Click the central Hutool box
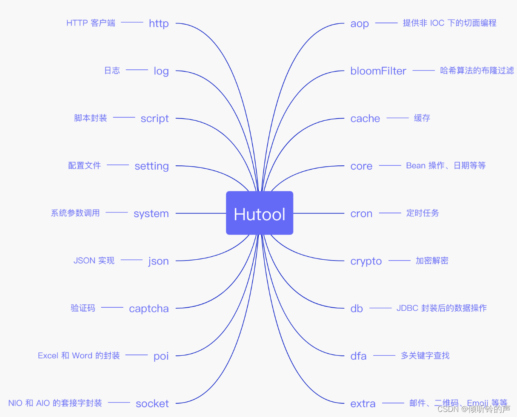259,213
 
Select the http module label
159,23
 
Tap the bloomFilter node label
378,71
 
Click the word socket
152,403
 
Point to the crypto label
366,261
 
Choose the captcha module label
149,309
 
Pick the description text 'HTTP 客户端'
91,23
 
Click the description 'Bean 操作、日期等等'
446,166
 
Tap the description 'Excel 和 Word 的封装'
79,355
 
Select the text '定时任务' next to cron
423,213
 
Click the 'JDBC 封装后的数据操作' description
441,308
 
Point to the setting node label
151,166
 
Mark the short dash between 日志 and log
137,70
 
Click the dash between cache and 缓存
397,118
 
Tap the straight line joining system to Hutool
200,213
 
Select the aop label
360,24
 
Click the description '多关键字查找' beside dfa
425,355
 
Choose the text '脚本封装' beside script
90,118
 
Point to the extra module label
363,403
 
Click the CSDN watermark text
474,409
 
